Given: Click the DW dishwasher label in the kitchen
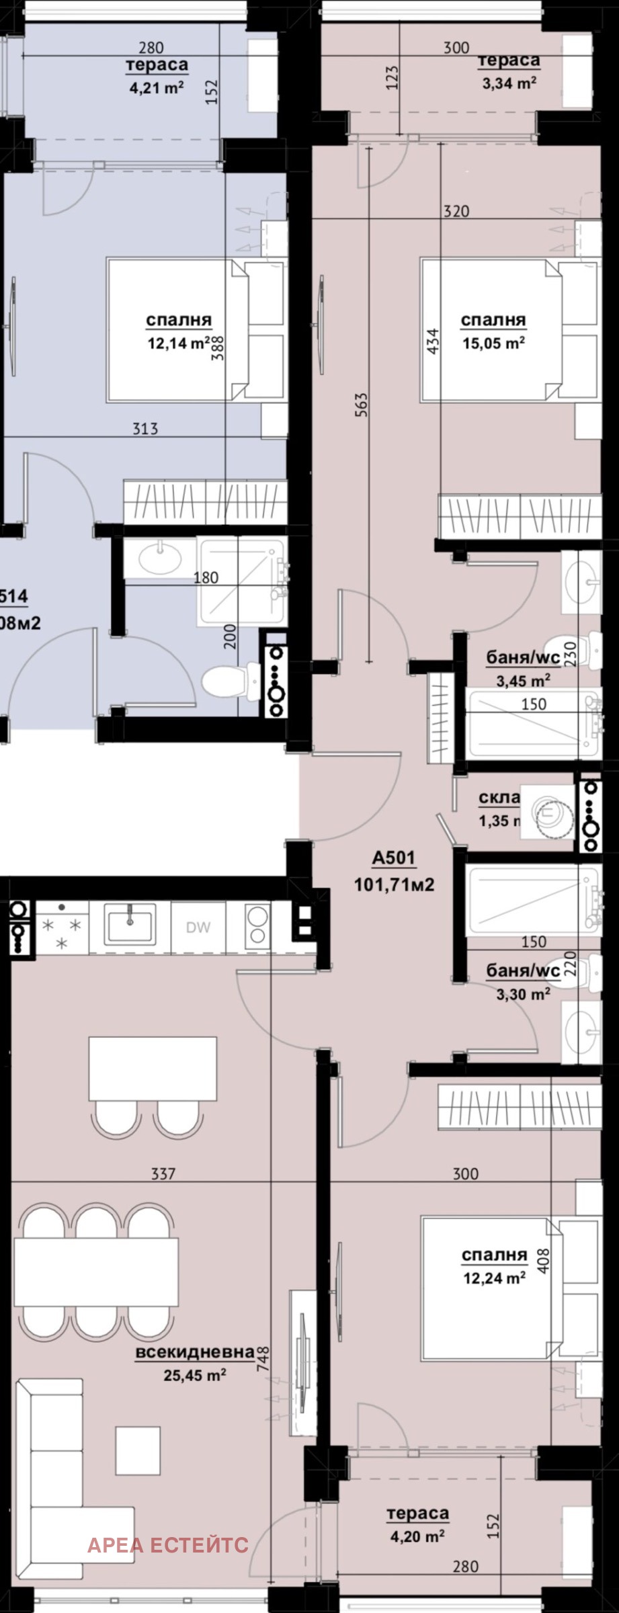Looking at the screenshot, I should [198, 928].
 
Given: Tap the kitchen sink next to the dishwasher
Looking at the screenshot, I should [130, 924].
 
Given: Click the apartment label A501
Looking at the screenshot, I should [394, 858].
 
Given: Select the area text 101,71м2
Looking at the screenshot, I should [394, 884].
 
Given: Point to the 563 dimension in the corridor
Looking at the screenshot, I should [361, 405].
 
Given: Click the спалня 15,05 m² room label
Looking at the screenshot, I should [493, 331].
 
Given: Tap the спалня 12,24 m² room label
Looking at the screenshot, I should [494, 1266].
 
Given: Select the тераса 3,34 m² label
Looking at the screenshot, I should [509, 71].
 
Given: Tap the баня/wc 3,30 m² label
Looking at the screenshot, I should [523, 981].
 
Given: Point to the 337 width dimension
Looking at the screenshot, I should [163, 1174].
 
